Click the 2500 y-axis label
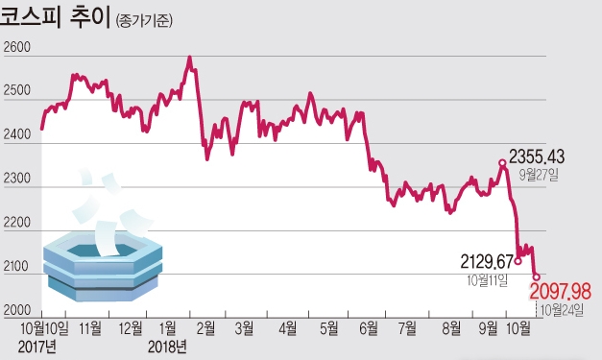pos(19,92)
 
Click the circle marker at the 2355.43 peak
pos(502,163)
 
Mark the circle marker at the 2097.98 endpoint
pos(536,277)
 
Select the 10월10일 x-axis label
pos(42,328)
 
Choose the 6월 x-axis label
pos(368,328)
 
